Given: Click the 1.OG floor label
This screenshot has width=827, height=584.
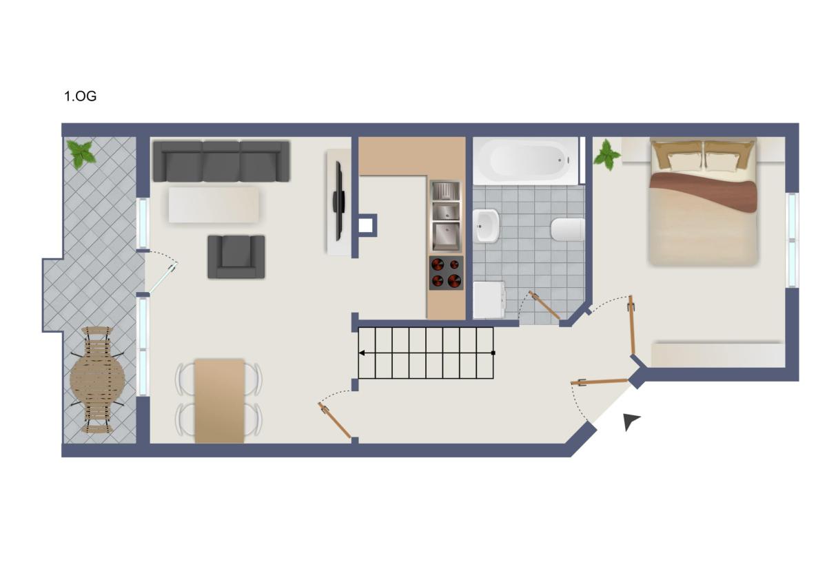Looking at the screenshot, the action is (x=80, y=96).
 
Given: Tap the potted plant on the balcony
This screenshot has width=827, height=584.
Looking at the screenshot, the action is (x=81, y=154).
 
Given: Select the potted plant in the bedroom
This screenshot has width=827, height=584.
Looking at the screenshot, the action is (x=606, y=156).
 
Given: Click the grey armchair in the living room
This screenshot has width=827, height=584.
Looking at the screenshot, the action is (x=236, y=257).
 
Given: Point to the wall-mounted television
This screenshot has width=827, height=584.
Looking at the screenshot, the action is (x=338, y=201).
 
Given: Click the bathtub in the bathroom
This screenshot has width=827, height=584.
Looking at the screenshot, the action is (x=526, y=161).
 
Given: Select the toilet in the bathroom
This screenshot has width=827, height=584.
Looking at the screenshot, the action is (x=568, y=229).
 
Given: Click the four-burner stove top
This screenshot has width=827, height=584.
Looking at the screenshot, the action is (x=446, y=273).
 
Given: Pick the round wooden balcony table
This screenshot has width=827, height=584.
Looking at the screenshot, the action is (x=97, y=379).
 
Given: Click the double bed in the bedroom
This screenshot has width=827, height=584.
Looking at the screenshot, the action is (x=703, y=201).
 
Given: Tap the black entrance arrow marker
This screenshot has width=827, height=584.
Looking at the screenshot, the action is (x=631, y=421).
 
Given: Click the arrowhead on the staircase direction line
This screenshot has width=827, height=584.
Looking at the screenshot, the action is (x=362, y=353).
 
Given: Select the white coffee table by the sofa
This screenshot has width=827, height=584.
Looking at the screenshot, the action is (x=214, y=205).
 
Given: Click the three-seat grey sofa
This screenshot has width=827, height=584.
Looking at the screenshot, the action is (x=221, y=161).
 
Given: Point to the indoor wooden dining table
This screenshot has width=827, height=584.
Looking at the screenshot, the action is (x=219, y=401).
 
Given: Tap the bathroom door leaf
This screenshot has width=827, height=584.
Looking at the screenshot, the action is (x=544, y=305).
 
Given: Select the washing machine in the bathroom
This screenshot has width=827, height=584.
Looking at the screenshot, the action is (x=489, y=300).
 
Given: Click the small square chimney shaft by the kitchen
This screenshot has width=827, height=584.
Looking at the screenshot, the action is (x=365, y=225).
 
